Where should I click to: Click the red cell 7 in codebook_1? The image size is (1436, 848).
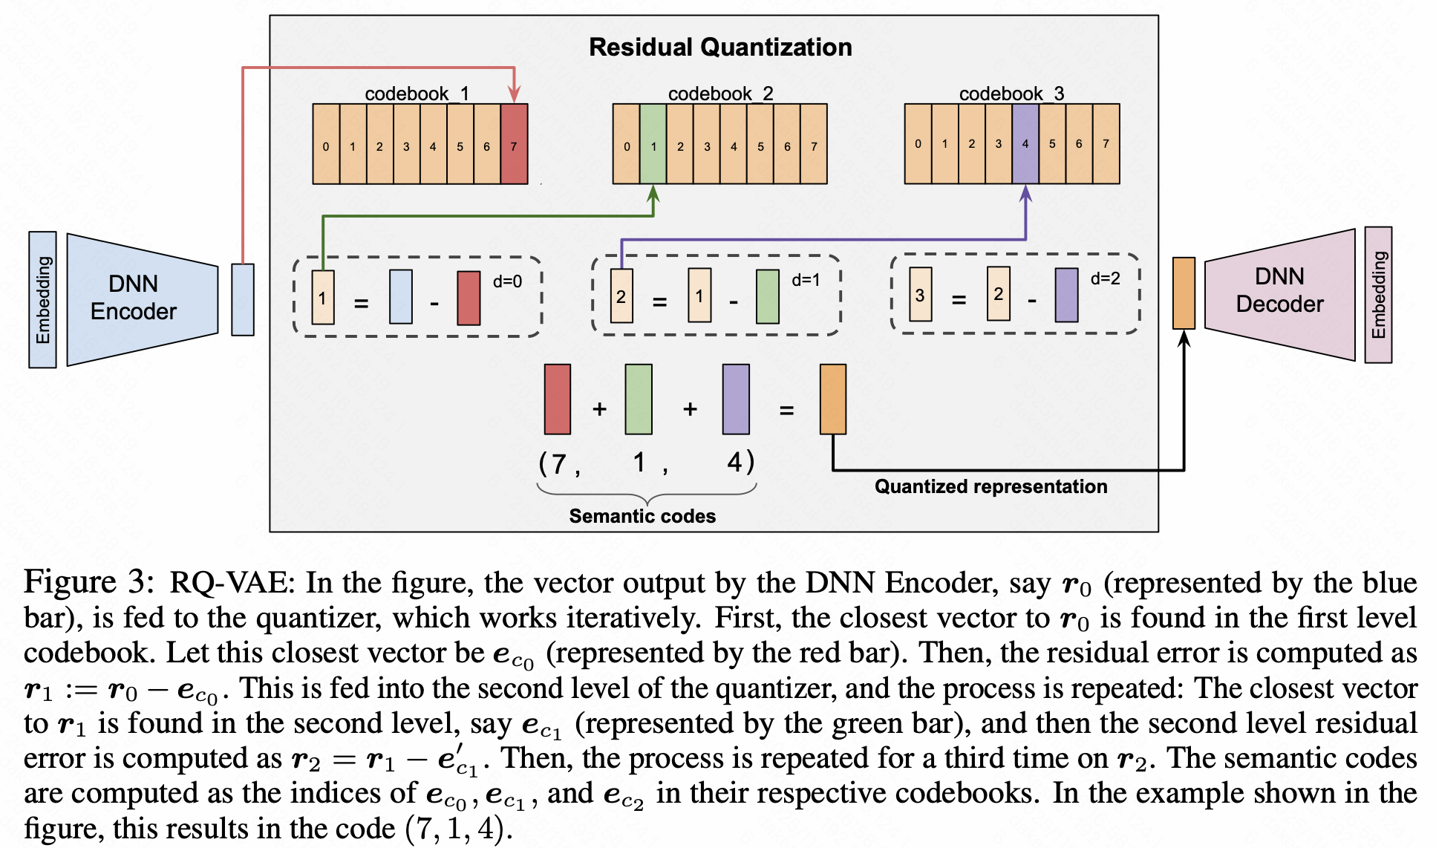tap(514, 144)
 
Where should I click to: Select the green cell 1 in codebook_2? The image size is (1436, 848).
tap(653, 144)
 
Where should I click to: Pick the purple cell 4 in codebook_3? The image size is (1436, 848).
tap(1025, 144)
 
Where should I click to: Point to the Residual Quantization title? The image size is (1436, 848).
tap(719, 48)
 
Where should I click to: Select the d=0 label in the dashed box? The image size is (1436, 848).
tap(507, 281)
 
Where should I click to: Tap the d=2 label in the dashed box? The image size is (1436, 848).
tap(1105, 278)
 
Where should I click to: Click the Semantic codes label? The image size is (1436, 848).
tap(642, 516)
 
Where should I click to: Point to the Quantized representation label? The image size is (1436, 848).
tap(990, 486)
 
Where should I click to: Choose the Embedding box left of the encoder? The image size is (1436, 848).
tap(42, 300)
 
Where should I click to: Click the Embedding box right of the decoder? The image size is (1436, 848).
tap(1378, 295)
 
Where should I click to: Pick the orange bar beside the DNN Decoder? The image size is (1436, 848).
tap(1184, 293)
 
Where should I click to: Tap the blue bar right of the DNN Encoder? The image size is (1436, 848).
tap(243, 299)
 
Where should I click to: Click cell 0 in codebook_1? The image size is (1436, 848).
tap(326, 144)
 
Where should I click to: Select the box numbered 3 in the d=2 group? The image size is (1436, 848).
tap(920, 295)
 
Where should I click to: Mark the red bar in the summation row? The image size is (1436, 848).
tap(558, 399)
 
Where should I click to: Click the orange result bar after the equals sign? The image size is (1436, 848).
tap(832, 399)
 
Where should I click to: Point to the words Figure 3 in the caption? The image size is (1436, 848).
tap(88, 581)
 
